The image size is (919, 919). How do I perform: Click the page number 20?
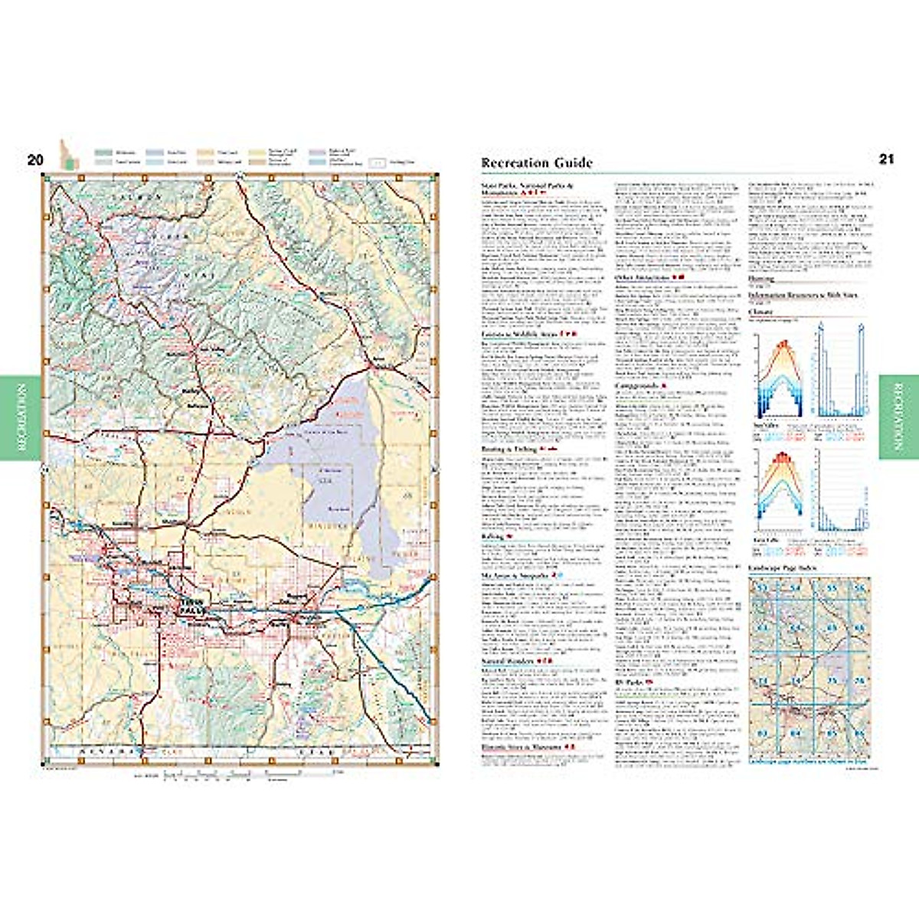35,160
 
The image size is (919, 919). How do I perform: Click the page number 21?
886,159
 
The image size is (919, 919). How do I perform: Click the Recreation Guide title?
536,162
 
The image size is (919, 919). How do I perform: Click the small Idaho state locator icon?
67,154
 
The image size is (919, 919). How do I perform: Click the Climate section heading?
760,312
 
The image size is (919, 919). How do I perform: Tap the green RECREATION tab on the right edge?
898,417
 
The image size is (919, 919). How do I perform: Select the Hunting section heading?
761,279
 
